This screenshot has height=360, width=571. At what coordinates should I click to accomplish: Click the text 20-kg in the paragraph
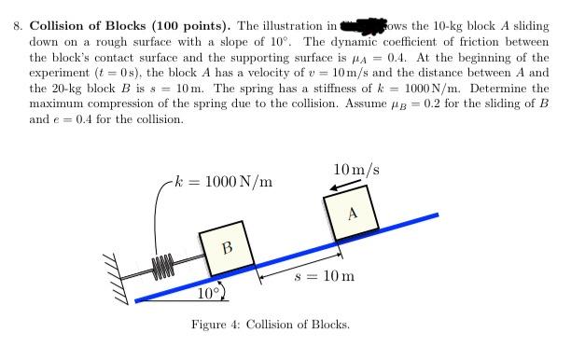[67, 89]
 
